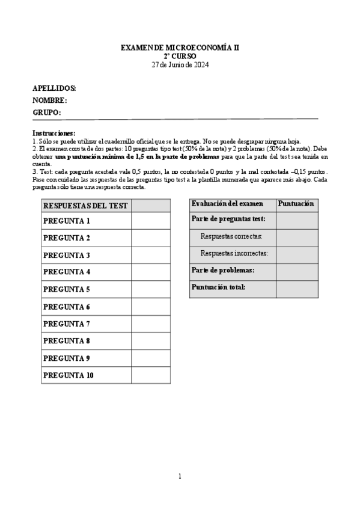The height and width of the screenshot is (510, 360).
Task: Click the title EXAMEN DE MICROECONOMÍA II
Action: [180, 47]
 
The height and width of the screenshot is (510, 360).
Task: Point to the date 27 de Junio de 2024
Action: [180, 64]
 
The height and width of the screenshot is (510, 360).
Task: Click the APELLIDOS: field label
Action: [54, 88]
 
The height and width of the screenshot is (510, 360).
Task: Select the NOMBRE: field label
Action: [50, 100]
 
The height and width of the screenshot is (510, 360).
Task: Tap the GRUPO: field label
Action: [47, 112]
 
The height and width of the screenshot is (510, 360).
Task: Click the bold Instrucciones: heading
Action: [54, 133]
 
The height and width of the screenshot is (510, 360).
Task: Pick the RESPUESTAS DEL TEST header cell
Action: [85, 206]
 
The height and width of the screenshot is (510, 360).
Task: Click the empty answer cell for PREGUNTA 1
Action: [150, 221]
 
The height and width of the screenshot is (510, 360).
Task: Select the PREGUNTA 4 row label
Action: [67, 272]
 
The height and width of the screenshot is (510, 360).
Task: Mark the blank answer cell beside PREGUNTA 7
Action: [150, 324]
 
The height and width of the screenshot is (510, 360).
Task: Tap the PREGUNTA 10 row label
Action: [69, 375]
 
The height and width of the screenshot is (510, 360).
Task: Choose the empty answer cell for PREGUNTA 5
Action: [150, 289]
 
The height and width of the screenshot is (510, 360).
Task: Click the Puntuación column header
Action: [297, 204]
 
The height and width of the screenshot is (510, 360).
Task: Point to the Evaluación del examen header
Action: [227, 204]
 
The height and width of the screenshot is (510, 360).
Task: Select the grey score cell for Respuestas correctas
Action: [297, 237]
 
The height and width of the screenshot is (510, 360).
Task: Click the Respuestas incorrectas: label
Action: [234, 254]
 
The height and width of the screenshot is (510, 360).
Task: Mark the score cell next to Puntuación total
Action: [297, 288]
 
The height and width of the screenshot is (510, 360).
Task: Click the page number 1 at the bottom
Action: [180, 476]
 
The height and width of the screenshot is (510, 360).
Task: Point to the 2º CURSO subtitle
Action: [180, 56]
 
